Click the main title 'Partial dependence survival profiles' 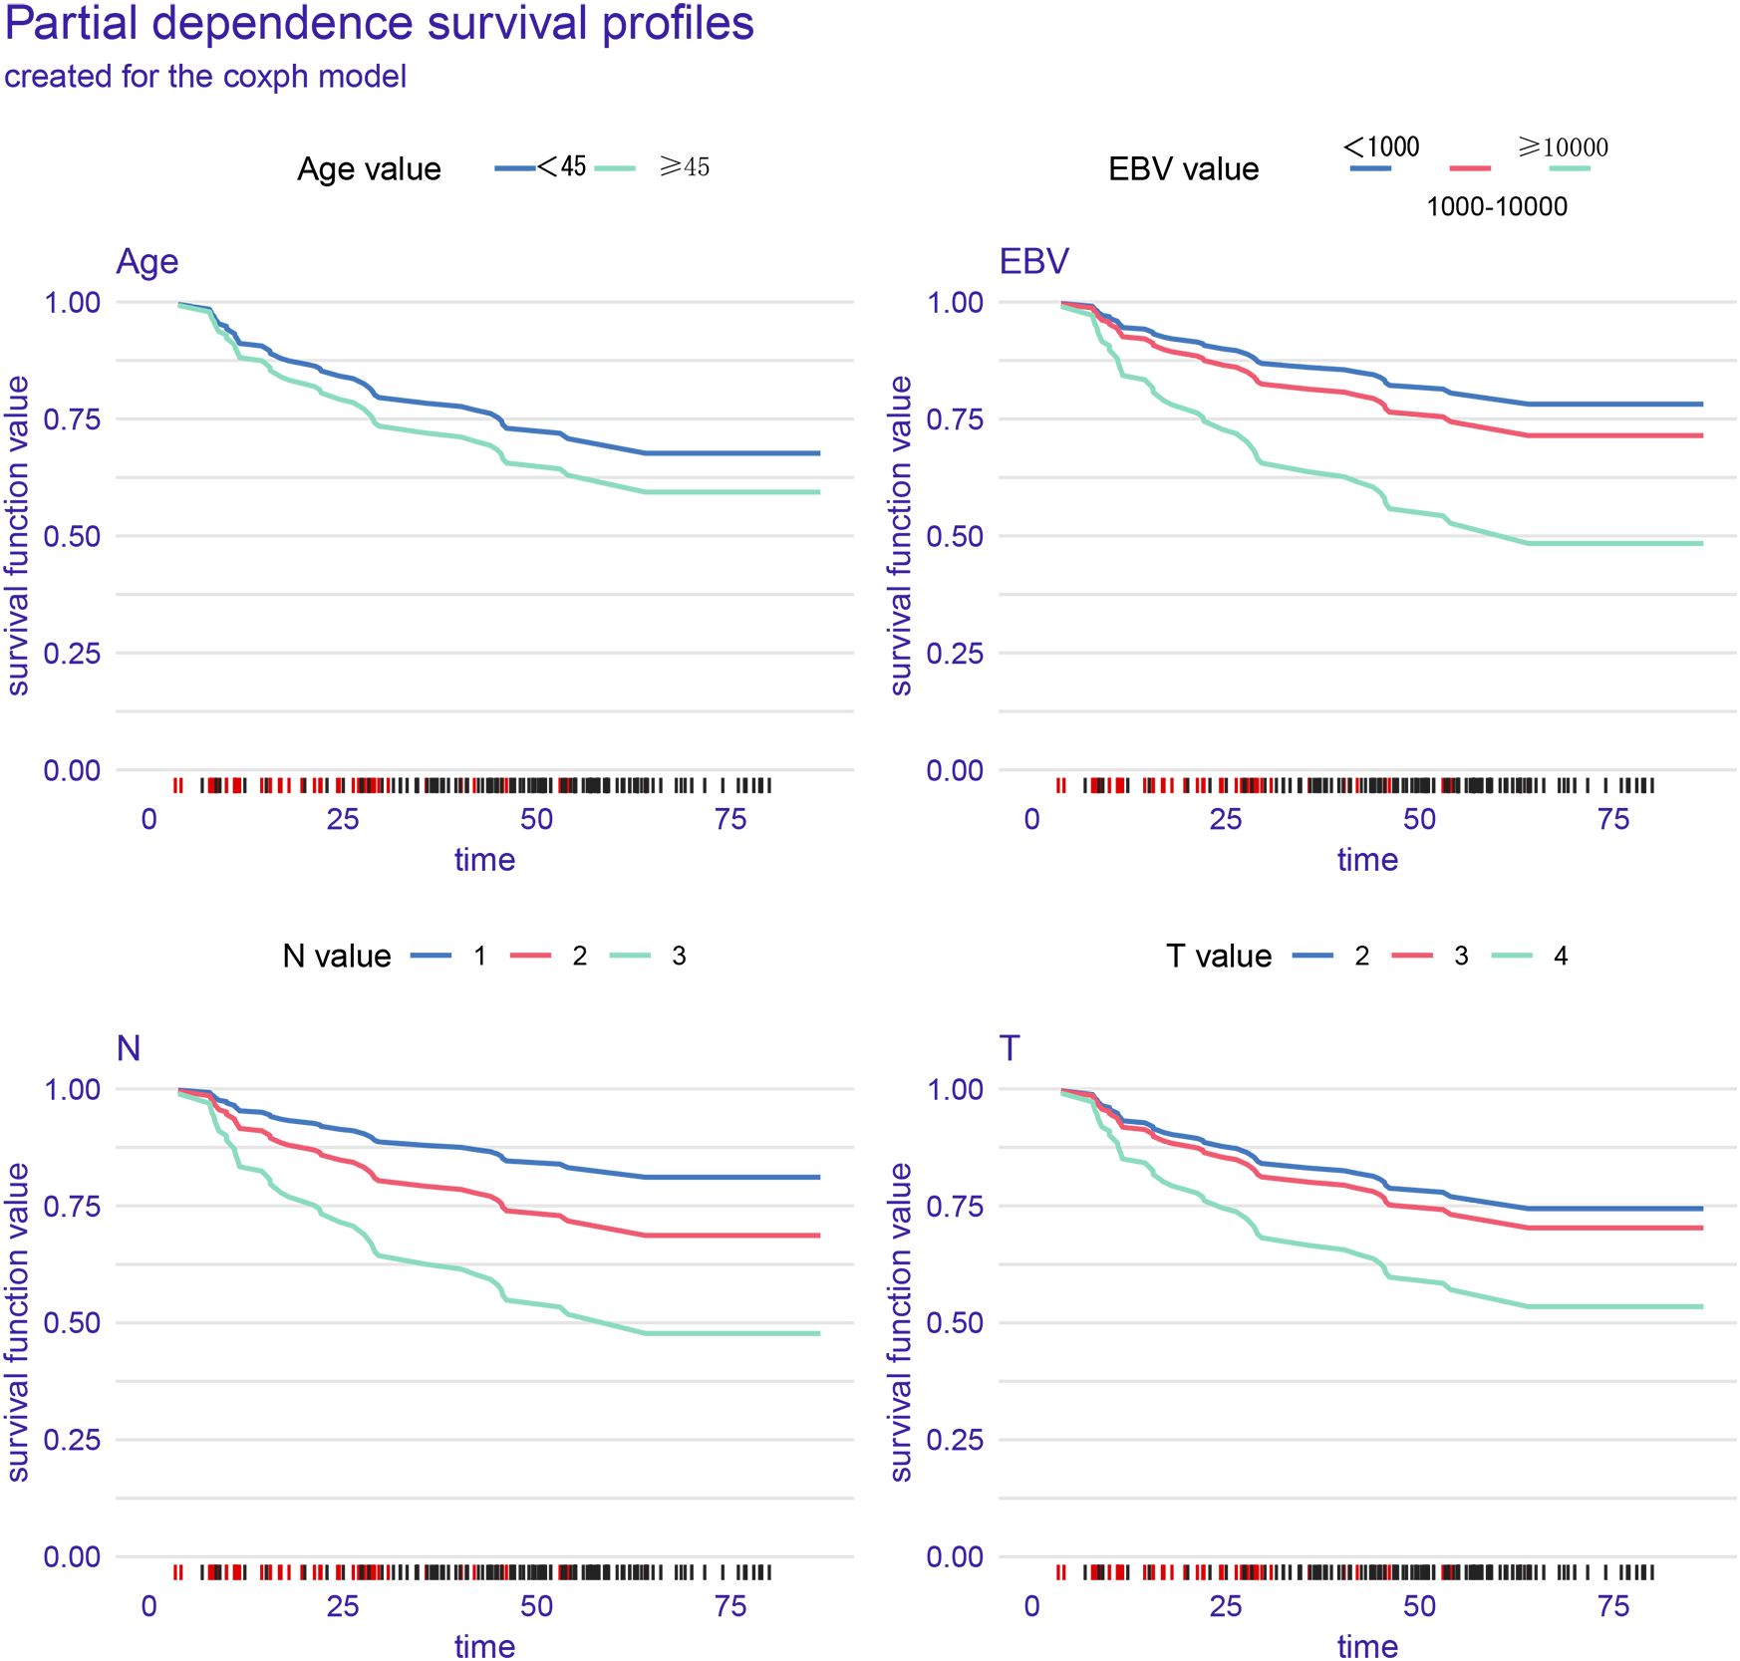379,24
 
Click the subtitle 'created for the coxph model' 205,77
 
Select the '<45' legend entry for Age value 561,166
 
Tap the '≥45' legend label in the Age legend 684,166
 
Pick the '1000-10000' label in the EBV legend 1496,207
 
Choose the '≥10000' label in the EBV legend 1562,147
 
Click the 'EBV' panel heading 1033,261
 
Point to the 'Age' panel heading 147,261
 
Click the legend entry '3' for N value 679,957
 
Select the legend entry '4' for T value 1561,957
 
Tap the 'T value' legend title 1218,957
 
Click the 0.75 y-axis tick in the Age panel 72,419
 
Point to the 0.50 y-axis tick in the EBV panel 955,537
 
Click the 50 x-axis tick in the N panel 536,1606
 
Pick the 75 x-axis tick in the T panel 1612,1606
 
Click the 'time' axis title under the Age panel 484,860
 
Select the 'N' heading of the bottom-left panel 129,1048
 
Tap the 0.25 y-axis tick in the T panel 955,1441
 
